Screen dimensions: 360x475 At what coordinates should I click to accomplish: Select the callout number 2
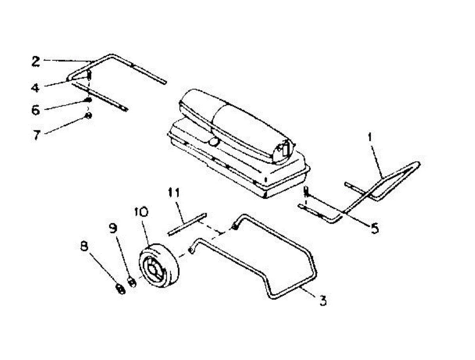tap(36, 61)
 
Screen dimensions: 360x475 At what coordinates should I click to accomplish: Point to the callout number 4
tap(36, 87)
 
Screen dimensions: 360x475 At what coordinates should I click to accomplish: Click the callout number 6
tap(36, 110)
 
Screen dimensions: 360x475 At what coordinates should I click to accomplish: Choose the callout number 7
tap(37, 135)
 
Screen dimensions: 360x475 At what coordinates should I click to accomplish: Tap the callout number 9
tap(114, 228)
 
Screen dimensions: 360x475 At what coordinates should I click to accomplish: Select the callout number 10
tap(142, 212)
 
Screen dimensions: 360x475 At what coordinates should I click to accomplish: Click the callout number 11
tap(173, 193)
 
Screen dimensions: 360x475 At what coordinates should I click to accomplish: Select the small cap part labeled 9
tap(132, 282)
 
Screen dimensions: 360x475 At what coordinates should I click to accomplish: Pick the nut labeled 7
tap(89, 116)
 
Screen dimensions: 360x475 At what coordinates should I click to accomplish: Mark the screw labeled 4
tap(89, 75)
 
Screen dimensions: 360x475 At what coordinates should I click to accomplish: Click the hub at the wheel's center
tap(153, 270)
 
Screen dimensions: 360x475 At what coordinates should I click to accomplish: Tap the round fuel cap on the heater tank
tap(214, 142)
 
